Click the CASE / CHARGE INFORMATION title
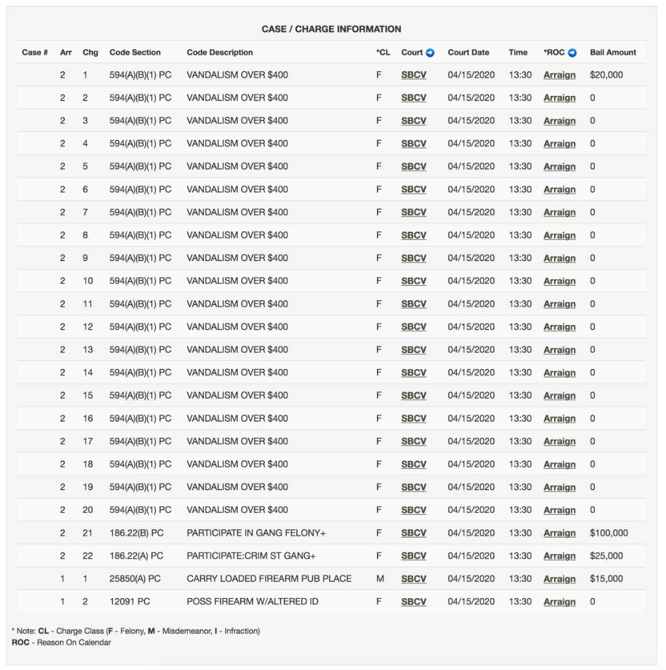pos(331,29)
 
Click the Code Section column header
pos(135,53)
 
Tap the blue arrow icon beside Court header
pos(430,53)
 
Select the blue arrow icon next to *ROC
pos(572,53)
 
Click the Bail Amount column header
pos(613,53)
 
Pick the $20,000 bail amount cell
pos(606,75)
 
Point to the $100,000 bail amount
pos(609,533)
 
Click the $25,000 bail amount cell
pos(606,556)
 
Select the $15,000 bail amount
pos(606,579)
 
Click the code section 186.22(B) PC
pos(137,533)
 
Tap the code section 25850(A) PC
pos(135,579)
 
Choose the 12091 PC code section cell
pos(130,601)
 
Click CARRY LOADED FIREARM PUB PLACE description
pos(269,579)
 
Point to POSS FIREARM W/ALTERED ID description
pos(252,601)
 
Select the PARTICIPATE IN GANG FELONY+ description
pos(256,533)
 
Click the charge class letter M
pos(380,579)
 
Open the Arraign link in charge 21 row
pos(559,533)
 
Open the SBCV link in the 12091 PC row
pos(414,601)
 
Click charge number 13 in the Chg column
pos(88,350)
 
